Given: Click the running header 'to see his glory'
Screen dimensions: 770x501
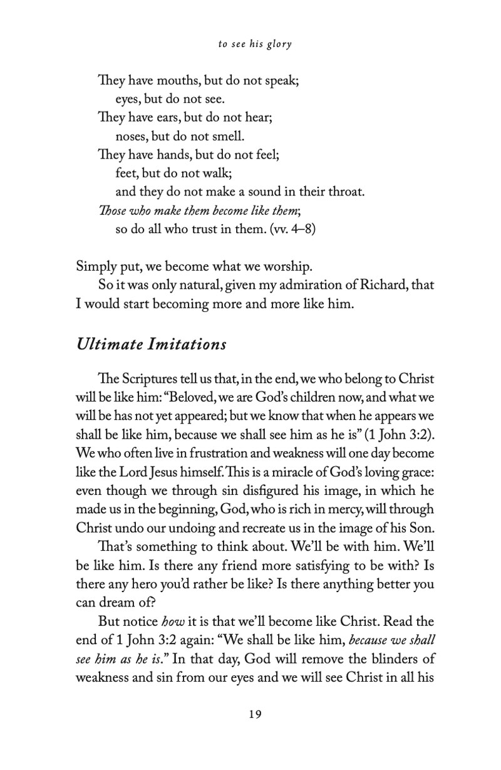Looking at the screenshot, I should [256, 44].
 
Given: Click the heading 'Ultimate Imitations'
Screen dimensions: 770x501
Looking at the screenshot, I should [151, 344].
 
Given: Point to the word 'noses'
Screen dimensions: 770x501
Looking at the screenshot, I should [132, 135].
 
